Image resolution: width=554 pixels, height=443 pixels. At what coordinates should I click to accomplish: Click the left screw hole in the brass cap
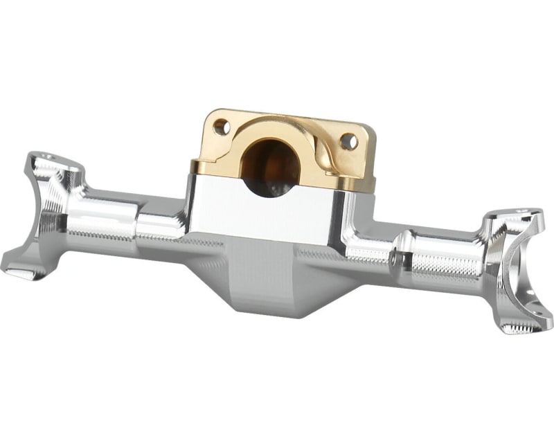pyautogui.click(x=221, y=127)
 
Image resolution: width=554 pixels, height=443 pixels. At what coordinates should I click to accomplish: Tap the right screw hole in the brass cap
pyautogui.click(x=349, y=142)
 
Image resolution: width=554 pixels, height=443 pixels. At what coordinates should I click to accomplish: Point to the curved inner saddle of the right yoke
pyautogui.click(x=512, y=270)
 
